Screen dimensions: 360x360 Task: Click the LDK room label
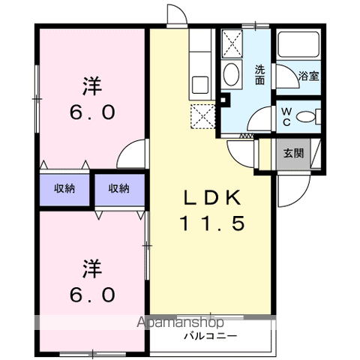pyautogui.click(x=212, y=198)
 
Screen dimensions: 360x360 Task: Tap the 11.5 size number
pyautogui.click(x=212, y=223)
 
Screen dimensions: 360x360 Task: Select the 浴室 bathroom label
pyautogui.click(x=308, y=76)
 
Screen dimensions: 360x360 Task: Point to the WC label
pyautogui.click(x=286, y=116)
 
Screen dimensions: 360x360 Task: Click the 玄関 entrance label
pyautogui.click(x=293, y=154)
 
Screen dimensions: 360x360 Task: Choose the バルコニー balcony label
pyautogui.click(x=213, y=335)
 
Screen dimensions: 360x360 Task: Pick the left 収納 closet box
pyautogui.click(x=64, y=189)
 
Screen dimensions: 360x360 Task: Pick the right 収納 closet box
pyautogui.click(x=118, y=189)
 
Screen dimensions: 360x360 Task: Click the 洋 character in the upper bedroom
pyautogui.click(x=91, y=85)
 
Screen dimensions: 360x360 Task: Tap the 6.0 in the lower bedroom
pyautogui.click(x=91, y=294)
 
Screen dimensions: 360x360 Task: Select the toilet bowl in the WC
pyautogui.click(x=305, y=117)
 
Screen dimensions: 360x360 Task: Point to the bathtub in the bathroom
pyautogui.click(x=298, y=46)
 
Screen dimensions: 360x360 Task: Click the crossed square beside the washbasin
pyautogui.click(x=232, y=44)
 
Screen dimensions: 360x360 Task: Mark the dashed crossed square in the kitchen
pyautogui.click(x=203, y=117)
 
